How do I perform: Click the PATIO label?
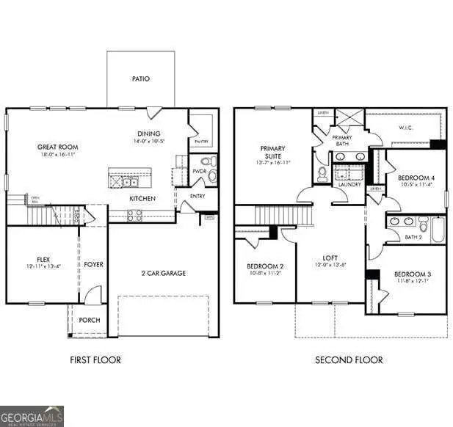click(141, 79)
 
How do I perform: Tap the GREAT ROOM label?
click(57, 147)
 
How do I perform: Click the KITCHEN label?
click(142, 198)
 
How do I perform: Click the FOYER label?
click(93, 264)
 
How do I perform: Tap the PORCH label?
click(89, 320)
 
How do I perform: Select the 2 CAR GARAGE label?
click(163, 273)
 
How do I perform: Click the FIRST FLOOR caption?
click(95, 360)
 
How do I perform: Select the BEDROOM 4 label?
click(415, 178)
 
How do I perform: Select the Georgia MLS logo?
click(32, 415)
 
